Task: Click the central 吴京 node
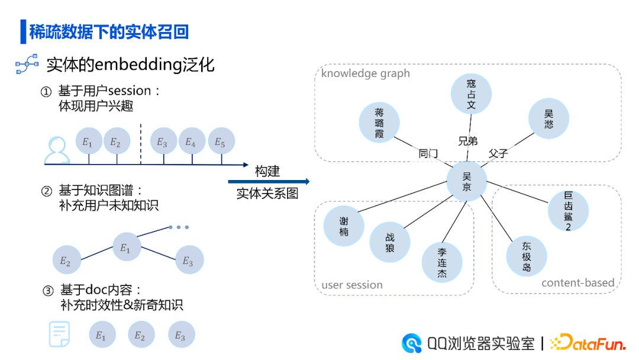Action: coord(466,181)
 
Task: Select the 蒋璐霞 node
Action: coord(379,123)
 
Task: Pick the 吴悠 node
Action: coord(548,118)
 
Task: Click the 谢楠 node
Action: coord(344,226)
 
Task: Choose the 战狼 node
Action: coord(389,242)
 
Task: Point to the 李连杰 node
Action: coord(442,263)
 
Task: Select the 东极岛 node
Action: coord(527,256)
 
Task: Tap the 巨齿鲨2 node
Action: coord(568,211)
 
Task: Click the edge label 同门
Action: coord(428,154)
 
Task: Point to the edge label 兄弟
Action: coord(467,142)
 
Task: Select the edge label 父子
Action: coord(498,154)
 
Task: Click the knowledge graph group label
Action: coord(365,73)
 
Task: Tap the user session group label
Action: coord(352,285)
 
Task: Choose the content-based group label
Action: coord(578,283)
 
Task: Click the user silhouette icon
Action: coord(57,151)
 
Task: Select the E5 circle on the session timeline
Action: coord(221,142)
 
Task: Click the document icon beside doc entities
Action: coord(59,335)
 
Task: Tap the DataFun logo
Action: coord(588,343)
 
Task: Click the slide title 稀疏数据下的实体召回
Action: coord(109,31)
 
